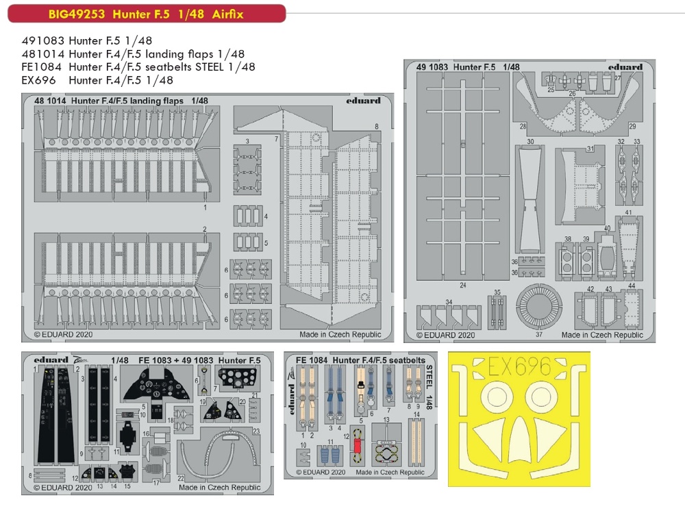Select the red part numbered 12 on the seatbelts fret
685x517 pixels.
357,446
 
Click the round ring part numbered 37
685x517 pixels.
538,305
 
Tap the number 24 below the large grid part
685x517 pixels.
463,285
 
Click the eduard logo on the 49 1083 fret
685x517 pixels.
625,67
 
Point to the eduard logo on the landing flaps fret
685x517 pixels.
363,101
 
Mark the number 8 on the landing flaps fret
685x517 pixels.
376,126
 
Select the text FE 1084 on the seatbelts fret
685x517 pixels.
310,360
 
